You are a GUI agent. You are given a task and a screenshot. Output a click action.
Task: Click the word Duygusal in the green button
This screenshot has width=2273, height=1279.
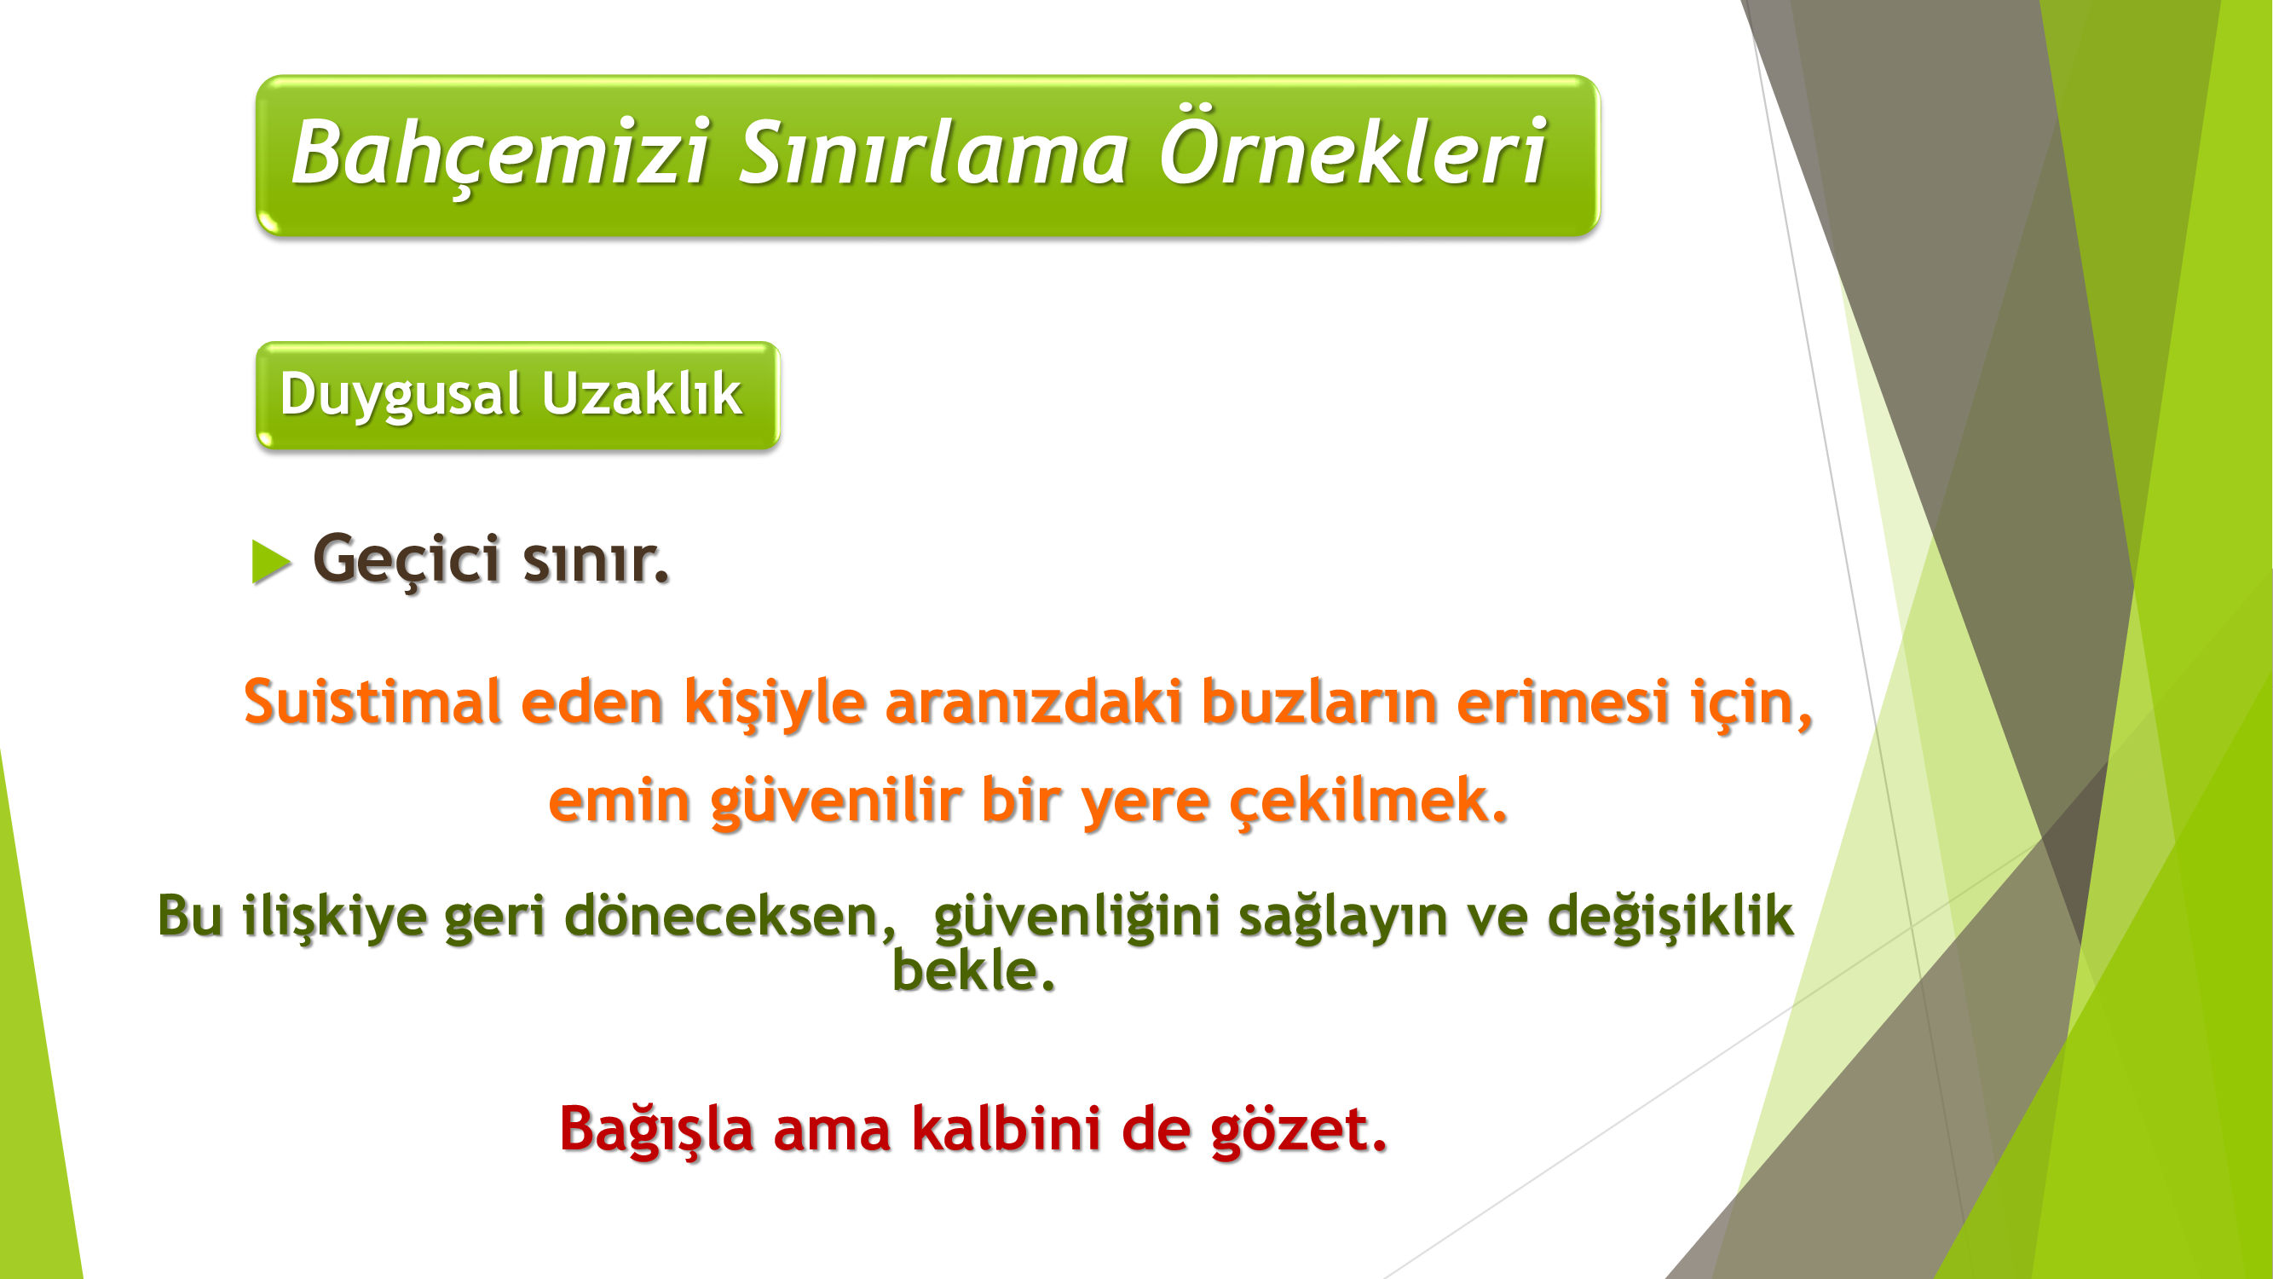point(400,395)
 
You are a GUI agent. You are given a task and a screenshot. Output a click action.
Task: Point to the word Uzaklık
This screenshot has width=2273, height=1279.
point(642,393)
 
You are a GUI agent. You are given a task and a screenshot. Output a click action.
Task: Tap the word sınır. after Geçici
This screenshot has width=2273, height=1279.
point(597,560)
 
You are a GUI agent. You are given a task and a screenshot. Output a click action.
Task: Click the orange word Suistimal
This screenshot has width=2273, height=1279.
point(372,702)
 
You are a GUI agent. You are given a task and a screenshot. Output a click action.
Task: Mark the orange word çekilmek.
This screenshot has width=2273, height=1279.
point(1369,802)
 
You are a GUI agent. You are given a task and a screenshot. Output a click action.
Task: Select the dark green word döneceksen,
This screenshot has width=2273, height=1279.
point(730,915)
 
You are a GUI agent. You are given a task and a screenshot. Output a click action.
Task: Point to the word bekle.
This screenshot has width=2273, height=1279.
point(973,970)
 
